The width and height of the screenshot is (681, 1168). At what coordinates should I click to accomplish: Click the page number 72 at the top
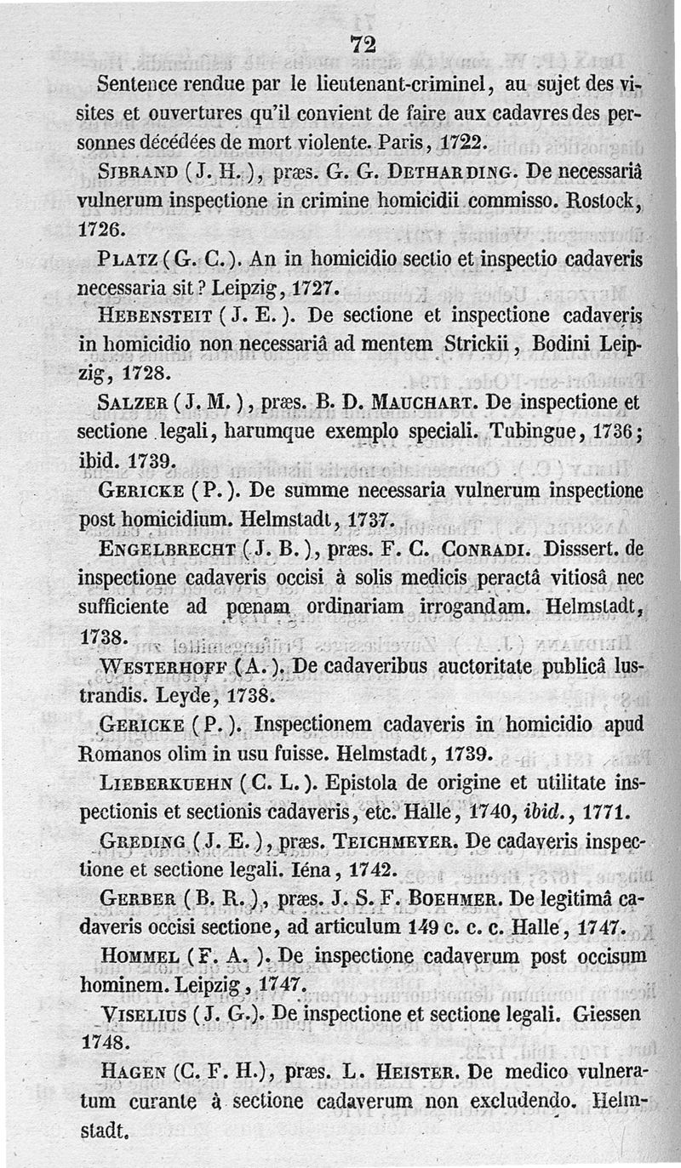click(363, 48)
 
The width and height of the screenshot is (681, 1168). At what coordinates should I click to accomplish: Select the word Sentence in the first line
click(139, 85)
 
